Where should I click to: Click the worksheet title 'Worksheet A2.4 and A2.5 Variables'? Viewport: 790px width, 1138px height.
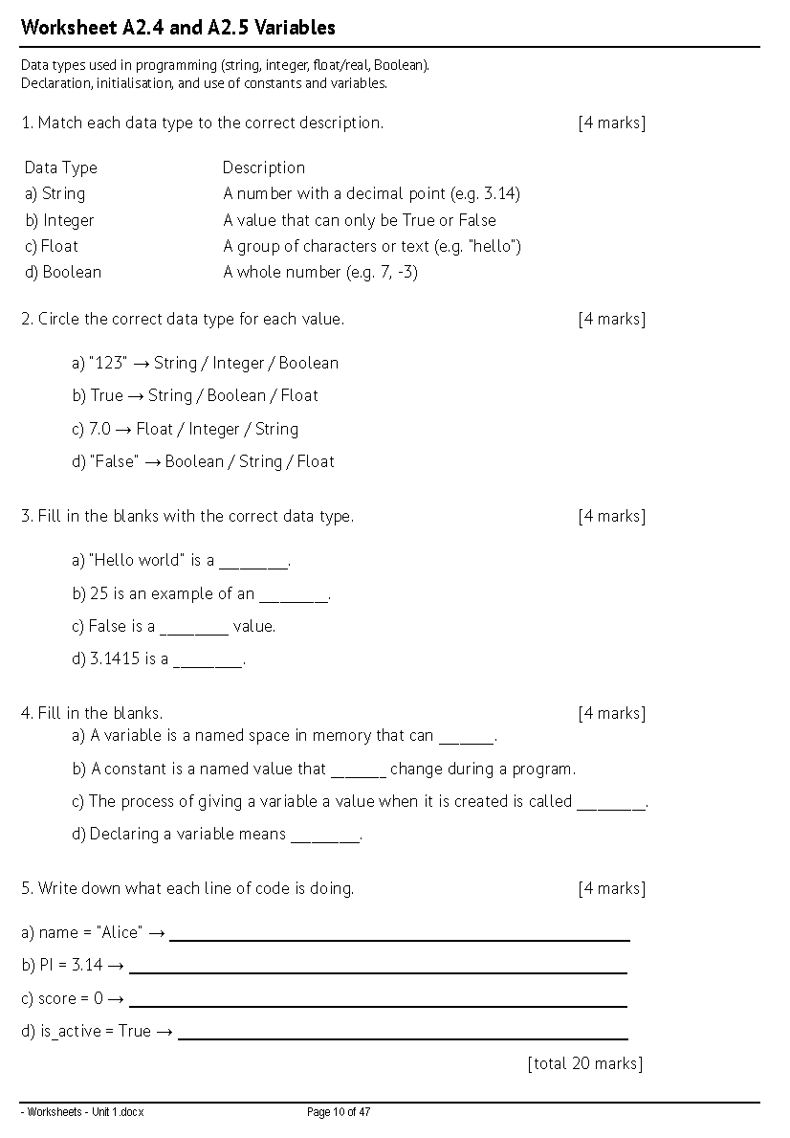[x=178, y=28]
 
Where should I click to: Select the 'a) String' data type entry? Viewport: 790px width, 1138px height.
[x=55, y=193]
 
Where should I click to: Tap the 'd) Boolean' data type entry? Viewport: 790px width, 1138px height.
[x=62, y=272]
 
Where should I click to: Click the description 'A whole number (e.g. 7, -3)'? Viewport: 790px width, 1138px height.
[x=320, y=272]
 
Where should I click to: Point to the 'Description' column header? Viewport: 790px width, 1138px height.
[x=263, y=167]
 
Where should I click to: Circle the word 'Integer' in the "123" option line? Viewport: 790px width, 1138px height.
[x=237, y=363]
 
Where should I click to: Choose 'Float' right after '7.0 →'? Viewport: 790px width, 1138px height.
[x=156, y=429]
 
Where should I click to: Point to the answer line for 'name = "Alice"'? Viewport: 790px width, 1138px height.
[x=400, y=938]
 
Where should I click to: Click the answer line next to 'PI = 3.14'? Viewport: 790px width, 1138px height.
[x=378, y=971]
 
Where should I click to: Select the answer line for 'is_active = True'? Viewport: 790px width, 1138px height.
[x=403, y=1037]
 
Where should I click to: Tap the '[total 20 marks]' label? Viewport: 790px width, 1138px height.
[x=584, y=1063]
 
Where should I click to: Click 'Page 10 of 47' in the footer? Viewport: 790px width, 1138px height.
[x=338, y=1112]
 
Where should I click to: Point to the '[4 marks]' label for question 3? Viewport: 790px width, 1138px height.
[x=611, y=516]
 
